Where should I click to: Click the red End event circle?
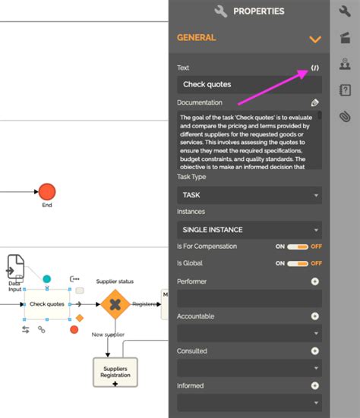[x=47, y=190]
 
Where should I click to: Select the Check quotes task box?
[x=47, y=304]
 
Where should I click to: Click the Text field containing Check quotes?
[x=249, y=85]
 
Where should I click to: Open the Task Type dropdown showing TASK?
[x=249, y=195]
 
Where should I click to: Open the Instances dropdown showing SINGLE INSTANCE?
[x=249, y=229]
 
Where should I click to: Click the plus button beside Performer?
[x=315, y=281]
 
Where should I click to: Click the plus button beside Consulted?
[x=315, y=351]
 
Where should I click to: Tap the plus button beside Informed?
[x=315, y=385]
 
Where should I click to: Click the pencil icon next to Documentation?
[x=315, y=102]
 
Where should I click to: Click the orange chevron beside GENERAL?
[x=315, y=39]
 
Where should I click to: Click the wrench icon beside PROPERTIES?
[x=222, y=11]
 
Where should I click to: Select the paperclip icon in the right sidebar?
[x=345, y=116]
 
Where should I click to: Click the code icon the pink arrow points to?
[x=315, y=68]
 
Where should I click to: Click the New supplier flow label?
[x=108, y=335]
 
